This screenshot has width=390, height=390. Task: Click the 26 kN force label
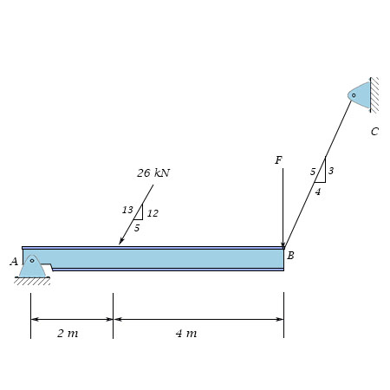coord(153,172)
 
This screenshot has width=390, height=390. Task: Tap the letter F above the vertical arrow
coord(278,160)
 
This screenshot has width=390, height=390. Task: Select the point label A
coord(14,262)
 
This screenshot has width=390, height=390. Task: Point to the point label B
coord(290,256)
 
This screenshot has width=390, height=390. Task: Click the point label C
coord(374,132)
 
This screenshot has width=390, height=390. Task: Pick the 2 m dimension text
coord(68,333)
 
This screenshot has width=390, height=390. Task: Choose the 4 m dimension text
coord(186,333)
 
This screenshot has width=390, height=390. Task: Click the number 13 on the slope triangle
coord(127,210)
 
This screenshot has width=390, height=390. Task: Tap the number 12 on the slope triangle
coord(153,213)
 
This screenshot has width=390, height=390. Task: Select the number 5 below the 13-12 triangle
coord(137,228)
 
